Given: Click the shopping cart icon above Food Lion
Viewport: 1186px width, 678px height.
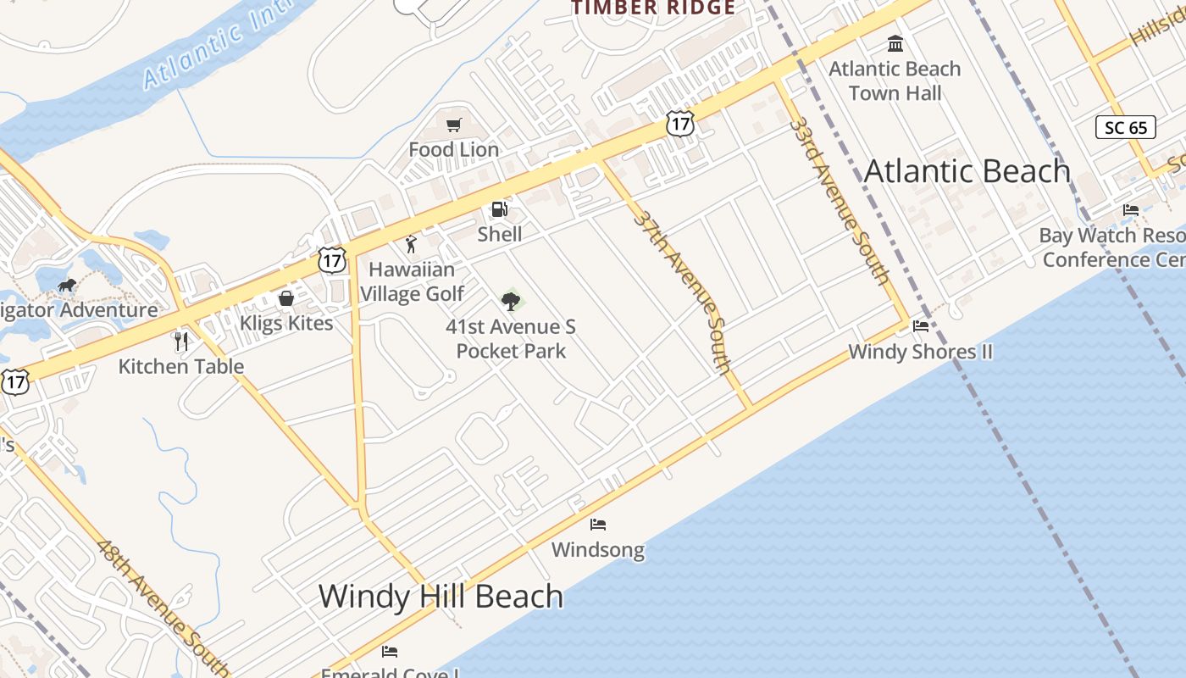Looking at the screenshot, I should [x=453, y=125].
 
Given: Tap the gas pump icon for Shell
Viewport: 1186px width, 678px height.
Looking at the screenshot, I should [x=500, y=209].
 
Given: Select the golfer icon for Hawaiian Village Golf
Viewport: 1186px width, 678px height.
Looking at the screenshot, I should [x=411, y=245].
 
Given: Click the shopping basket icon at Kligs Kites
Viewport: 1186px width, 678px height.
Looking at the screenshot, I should [x=286, y=298].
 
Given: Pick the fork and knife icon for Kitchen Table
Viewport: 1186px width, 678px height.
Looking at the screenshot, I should [x=180, y=342].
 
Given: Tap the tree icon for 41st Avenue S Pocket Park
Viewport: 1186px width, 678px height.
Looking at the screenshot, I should [x=510, y=301].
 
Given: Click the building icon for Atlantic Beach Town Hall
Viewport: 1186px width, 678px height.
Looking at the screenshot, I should [x=895, y=43].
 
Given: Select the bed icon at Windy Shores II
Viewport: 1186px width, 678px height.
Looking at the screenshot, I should [x=921, y=326].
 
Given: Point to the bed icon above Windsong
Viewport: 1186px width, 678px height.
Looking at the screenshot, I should [x=598, y=525].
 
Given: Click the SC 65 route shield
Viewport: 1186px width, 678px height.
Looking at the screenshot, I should [x=1126, y=128].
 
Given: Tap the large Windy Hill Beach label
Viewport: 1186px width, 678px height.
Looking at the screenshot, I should [x=441, y=597].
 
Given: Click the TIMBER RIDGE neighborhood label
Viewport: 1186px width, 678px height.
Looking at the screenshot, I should [x=652, y=8].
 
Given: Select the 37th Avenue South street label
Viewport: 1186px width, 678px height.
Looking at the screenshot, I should [x=682, y=292].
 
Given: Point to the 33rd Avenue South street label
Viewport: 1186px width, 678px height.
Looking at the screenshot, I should [x=839, y=201].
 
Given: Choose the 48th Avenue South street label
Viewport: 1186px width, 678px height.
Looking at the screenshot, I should [x=161, y=606].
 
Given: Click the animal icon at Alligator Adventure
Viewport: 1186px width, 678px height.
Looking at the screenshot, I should [x=67, y=285].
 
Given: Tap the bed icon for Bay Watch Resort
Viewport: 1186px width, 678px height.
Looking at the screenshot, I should [x=1131, y=210].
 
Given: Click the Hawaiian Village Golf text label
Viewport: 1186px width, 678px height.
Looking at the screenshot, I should [x=413, y=281].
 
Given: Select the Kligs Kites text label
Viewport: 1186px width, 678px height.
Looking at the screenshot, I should [x=286, y=323].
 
